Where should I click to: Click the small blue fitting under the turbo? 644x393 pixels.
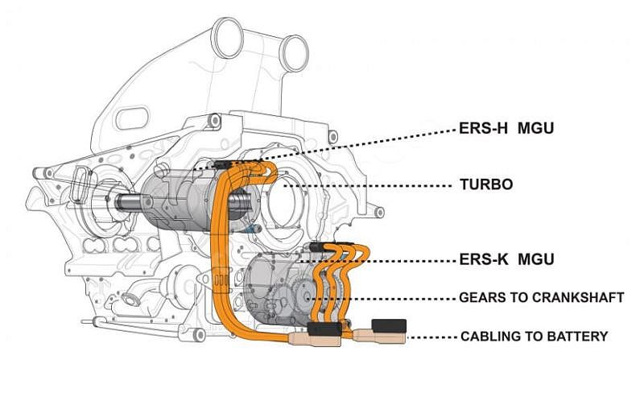(x=254, y=229)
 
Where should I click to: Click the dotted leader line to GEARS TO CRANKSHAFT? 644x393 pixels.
(x=386, y=298)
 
